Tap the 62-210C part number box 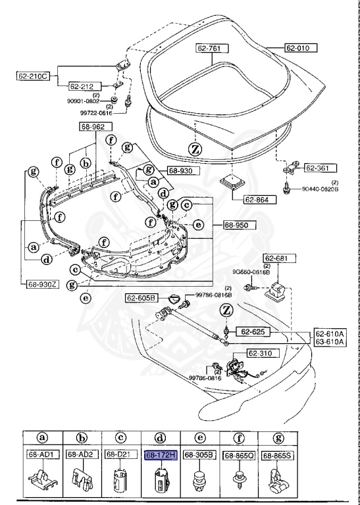pyautogui.click(x=33, y=76)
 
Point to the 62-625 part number pyautogui.click(x=252, y=331)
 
